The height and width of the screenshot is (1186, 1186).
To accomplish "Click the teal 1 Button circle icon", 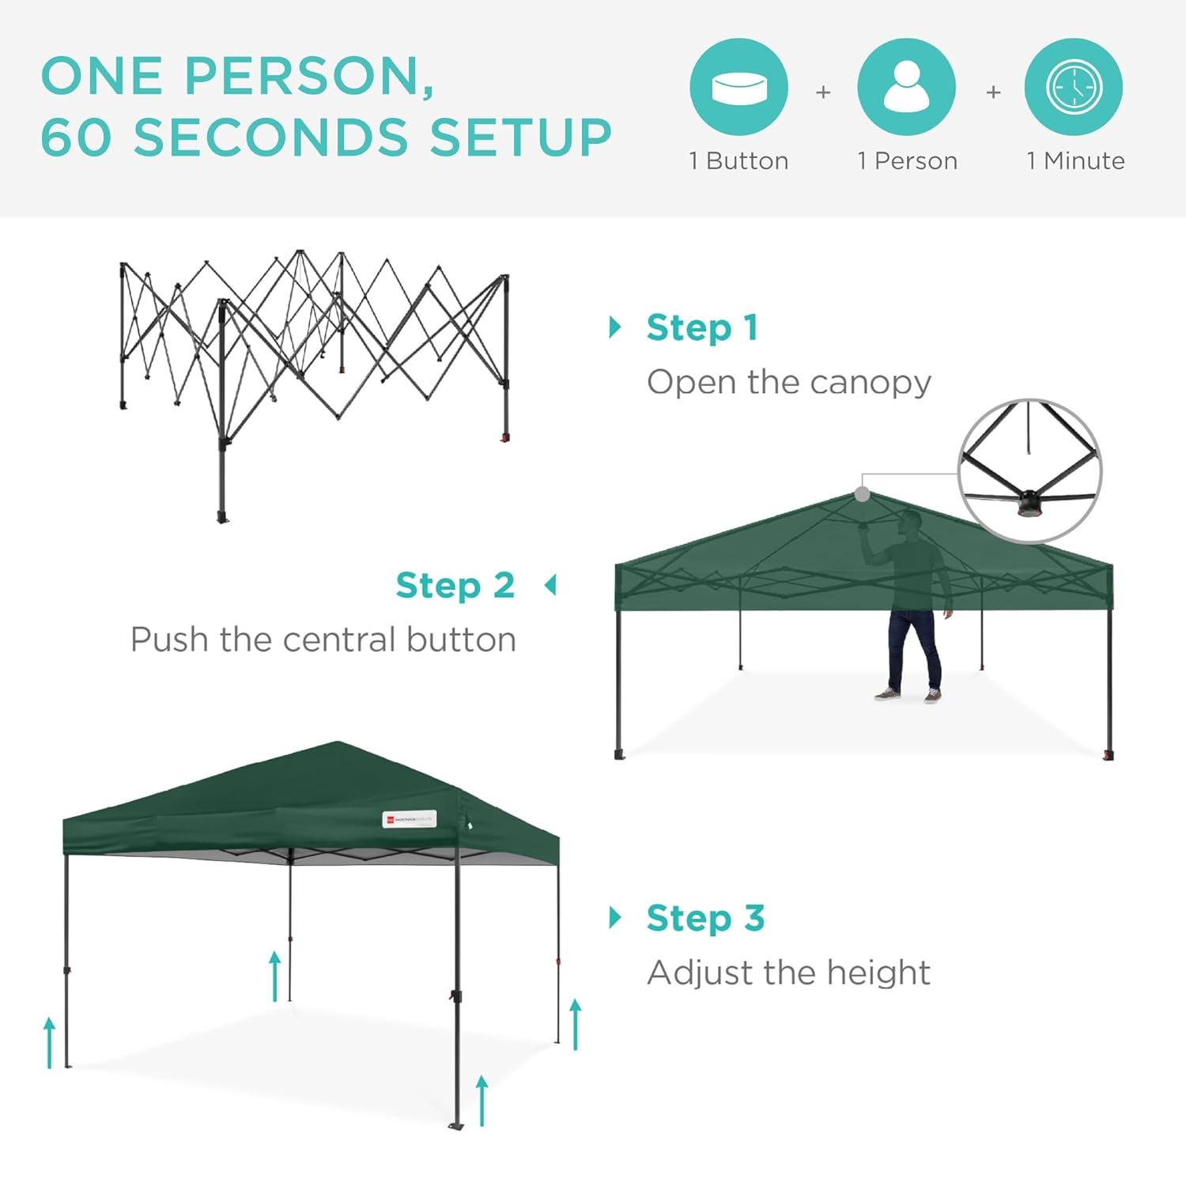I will (738, 87).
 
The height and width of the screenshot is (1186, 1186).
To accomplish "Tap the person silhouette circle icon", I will (906, 87).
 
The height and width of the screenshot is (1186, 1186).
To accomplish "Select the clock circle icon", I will (1074, 87).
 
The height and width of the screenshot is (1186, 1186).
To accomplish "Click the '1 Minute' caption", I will (1075, 161).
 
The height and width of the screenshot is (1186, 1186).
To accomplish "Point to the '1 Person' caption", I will (908, 161).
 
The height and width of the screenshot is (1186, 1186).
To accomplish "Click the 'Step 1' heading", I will (702, 328).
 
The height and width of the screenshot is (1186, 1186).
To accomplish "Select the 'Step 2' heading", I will (455, 586).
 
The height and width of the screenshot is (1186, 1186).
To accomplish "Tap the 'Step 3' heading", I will (705, 919).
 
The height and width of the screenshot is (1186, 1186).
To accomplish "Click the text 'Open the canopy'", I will (789, 383).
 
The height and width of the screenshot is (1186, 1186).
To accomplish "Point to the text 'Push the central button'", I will (323, 640).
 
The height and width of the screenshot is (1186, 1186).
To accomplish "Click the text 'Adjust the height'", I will (788, 973).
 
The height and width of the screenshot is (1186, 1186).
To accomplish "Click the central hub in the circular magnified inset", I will (1029, 504).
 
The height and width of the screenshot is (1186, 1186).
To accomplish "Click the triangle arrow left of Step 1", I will (615, 327).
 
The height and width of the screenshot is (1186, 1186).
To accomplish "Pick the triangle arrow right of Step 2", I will (551, 586).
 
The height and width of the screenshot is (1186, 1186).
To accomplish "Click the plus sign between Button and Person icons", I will (823, 93).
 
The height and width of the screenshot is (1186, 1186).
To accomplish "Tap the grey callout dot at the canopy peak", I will (863, 494).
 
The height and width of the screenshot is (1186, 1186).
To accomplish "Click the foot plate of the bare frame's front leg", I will (222, 518).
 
